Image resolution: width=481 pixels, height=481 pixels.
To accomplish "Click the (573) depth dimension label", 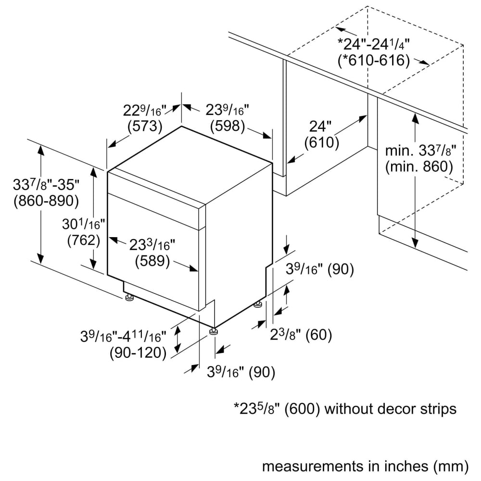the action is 145,126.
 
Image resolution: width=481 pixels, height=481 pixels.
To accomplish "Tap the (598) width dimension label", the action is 228,126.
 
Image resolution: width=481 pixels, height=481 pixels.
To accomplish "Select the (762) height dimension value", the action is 84,240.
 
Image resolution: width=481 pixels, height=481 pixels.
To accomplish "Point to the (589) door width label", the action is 152,261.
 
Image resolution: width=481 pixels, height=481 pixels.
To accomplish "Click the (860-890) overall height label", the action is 46,201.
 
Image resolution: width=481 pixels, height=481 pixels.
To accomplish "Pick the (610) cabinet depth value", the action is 322,142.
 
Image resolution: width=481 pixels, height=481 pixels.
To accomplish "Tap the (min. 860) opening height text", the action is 419,166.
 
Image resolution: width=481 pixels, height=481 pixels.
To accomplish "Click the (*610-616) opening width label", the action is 374,60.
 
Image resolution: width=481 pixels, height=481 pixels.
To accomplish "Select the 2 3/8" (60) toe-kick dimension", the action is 301,334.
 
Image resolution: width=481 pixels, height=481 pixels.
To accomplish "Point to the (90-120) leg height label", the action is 138,353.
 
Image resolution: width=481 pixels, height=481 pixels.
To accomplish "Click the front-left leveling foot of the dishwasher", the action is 128,297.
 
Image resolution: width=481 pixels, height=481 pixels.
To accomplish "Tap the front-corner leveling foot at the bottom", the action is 213,332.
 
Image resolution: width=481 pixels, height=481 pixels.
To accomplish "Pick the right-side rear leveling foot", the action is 258,304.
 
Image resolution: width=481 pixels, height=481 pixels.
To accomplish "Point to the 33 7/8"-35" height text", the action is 46,185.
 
